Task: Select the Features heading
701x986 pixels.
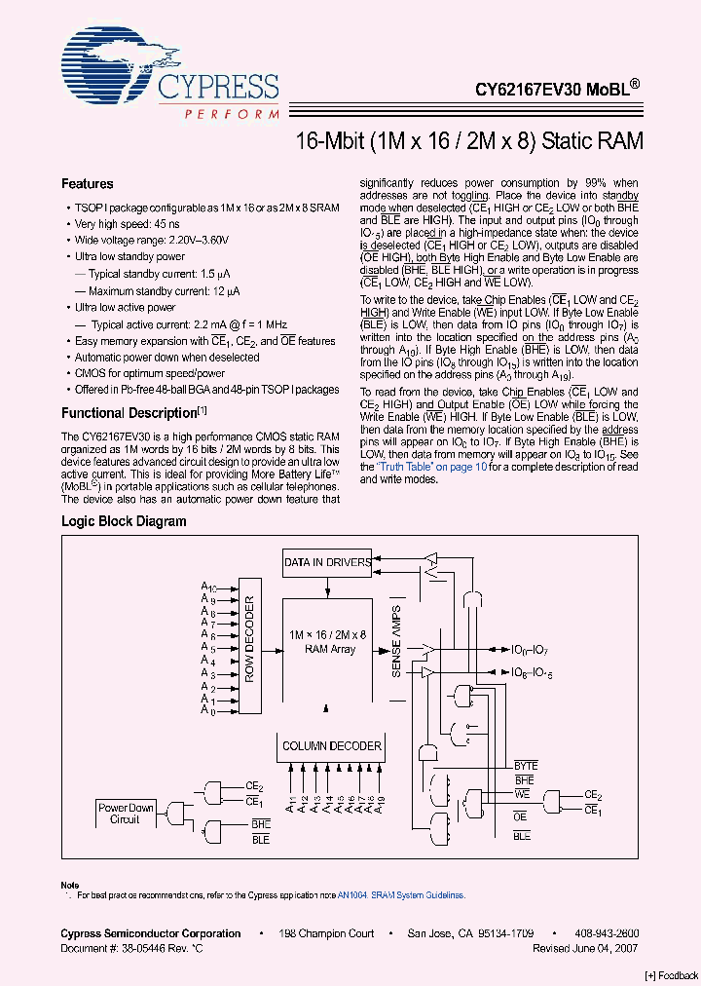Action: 87,184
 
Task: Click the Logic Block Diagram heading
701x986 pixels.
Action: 124,521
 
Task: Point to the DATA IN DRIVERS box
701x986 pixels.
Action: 327,562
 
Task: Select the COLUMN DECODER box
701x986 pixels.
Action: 332,746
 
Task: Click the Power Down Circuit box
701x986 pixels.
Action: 126,813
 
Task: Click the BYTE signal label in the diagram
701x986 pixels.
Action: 526,766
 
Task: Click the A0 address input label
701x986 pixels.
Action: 205,710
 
